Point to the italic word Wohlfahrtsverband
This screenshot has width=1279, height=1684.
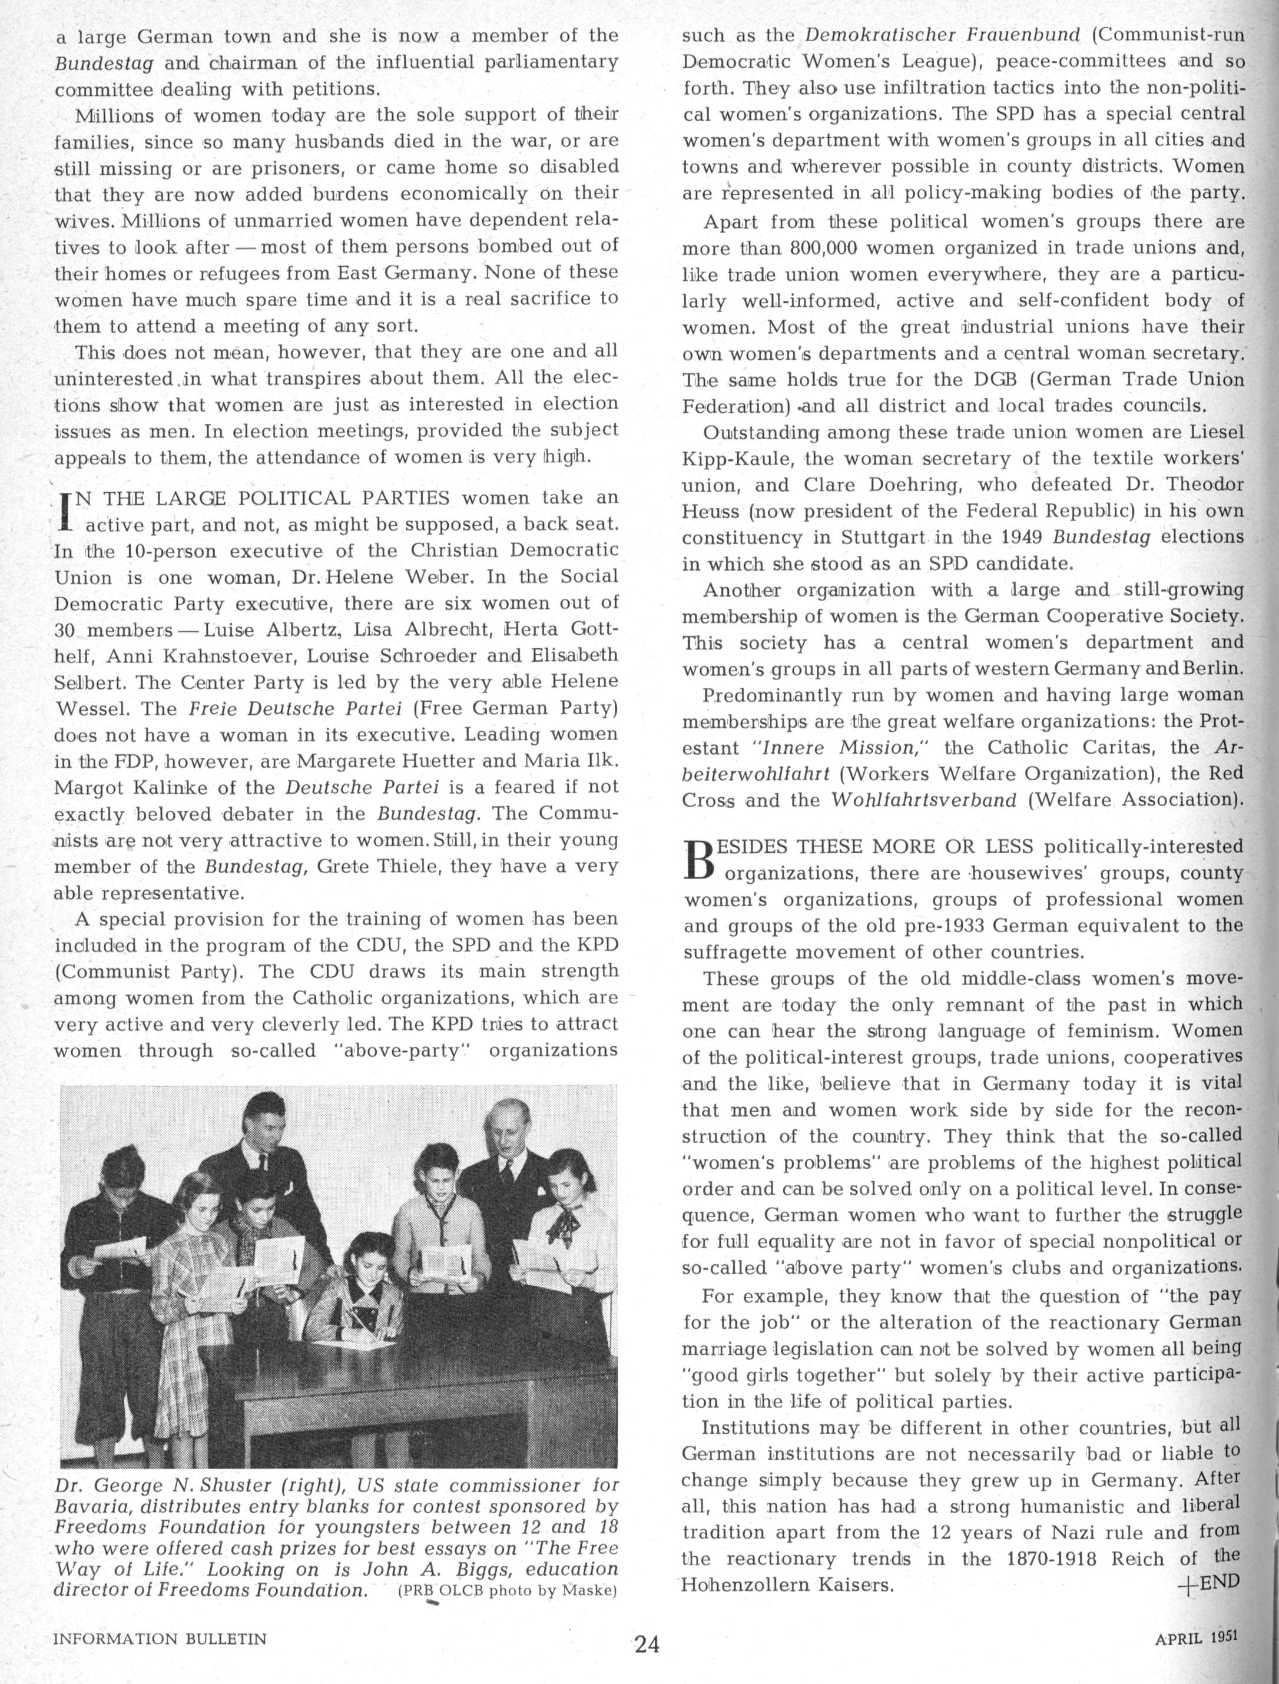[923, 800]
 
